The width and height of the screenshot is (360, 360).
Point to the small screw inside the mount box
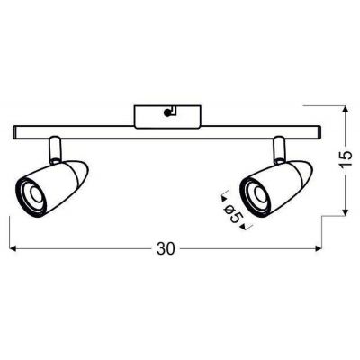click(x=168, y=112)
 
